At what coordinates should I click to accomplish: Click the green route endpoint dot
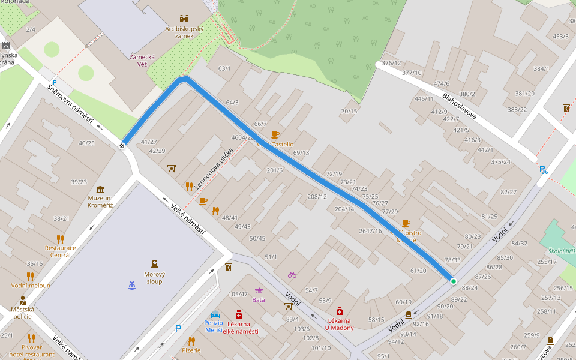[453, 281]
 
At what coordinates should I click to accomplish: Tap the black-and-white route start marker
[122, 145]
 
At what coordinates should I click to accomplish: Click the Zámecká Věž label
[142, 61]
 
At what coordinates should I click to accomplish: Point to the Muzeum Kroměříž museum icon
[100, 190]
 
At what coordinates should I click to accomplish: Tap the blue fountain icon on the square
[132, 284]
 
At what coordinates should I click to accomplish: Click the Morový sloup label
[154, 278]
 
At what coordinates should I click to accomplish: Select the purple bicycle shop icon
[292, 275]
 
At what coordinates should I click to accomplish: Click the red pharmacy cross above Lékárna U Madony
[340, 311]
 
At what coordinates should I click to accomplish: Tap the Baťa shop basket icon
[259, 291]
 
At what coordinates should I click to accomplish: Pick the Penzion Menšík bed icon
[215, 314]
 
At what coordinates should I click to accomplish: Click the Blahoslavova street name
[459, 106]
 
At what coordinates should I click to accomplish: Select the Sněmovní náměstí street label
[70, 104]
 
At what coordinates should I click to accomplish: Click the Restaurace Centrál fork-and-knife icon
[60, 239]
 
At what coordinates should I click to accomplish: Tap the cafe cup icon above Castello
[275, 134]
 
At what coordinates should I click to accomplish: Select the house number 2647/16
[370, 231]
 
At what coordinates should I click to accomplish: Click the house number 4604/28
[243, 137]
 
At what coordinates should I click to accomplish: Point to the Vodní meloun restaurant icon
[30, 277]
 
